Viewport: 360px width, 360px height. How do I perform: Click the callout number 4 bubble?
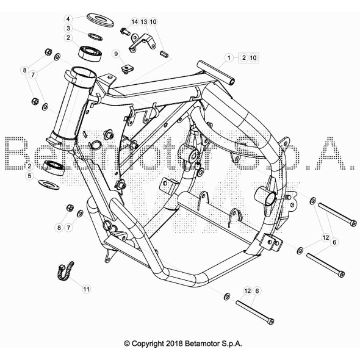(x=68, y=19)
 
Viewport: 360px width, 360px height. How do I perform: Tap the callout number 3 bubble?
(x=68, y=28)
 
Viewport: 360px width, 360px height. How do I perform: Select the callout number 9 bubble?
(x=116, y=54)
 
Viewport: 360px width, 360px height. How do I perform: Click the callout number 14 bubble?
(x=134, y=22)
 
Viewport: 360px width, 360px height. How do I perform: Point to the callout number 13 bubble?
(x=144, y=22)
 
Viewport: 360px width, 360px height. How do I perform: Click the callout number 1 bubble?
(x=229, y=57)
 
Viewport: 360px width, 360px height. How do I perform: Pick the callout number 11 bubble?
(x=86, y=289)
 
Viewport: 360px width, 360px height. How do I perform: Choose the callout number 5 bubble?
(x=30, y=176)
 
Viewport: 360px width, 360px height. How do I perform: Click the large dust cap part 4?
(x=100, y=20)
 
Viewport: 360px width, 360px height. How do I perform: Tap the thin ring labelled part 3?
(x=95, y=37)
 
